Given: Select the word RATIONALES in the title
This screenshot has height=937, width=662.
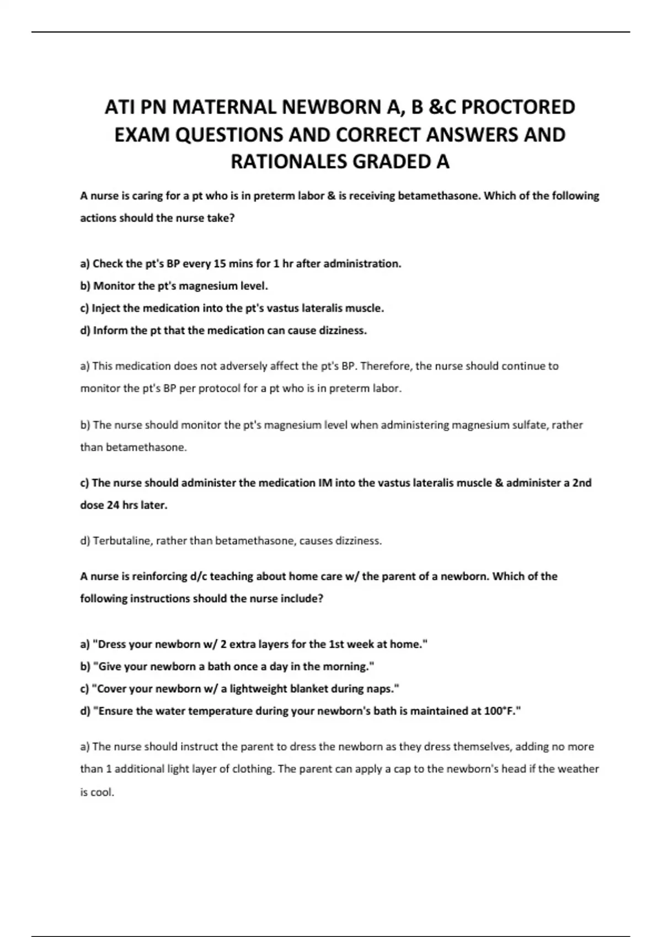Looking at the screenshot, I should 289,161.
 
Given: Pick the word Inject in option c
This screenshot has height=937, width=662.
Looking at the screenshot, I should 106,308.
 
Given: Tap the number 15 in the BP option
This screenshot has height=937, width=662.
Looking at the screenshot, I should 219,263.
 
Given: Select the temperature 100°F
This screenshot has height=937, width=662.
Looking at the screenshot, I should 503,711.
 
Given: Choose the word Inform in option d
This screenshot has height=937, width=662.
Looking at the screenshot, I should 109,331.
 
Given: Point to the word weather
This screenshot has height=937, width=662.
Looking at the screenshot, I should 576,769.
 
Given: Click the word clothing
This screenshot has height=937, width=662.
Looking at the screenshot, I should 252,769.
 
